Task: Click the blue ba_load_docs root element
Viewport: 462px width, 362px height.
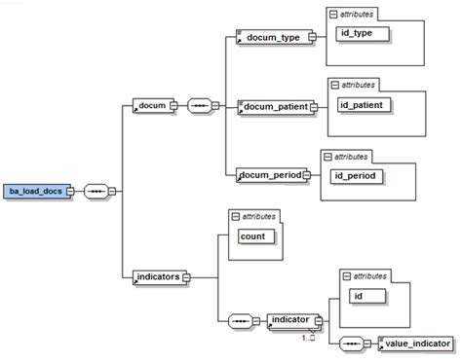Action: point(39,191)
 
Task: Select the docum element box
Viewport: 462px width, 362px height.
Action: point(152,106)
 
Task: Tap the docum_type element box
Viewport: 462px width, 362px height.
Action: point(272,38)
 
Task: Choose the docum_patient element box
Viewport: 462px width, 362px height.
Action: point(276,106)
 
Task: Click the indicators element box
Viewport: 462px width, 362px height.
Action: point(157,277)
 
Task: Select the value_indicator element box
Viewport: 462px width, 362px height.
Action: point(416,344)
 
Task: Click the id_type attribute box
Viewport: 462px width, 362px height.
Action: point(363,34)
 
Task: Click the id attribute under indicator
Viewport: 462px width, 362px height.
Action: point(367,295)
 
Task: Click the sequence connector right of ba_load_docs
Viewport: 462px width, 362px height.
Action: point(97,191)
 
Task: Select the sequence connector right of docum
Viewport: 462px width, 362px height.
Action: point(201,106)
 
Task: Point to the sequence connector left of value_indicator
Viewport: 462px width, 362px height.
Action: point(350,344)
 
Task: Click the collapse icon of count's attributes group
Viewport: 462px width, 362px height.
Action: point(235,215)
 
